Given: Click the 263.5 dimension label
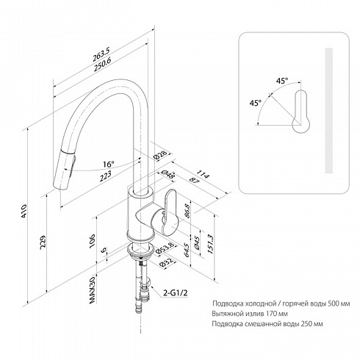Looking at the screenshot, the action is [x=101, y=54].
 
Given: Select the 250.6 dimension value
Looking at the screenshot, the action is [x=103, y=65].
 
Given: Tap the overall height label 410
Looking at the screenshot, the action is [x=24, y=210].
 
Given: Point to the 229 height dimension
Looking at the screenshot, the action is [x=42, y=242].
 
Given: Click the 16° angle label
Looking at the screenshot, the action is [x=108, y=164].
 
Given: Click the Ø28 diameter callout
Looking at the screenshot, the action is [x=162, y=155].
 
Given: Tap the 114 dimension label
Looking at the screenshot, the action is [x=204, y=175].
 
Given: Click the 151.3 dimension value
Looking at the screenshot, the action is [x=211, y=243].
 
